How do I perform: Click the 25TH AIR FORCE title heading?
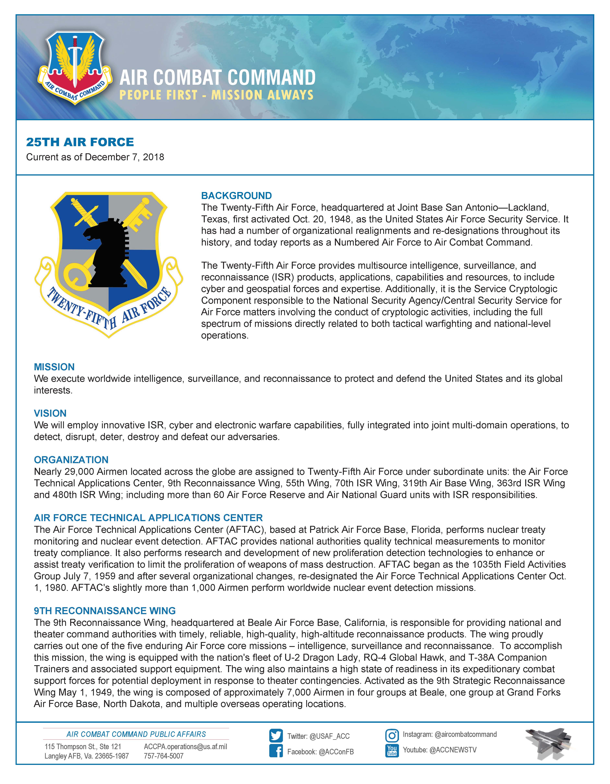80,142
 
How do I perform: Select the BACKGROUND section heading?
236,196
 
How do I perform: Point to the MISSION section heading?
54,367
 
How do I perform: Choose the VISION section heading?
50,413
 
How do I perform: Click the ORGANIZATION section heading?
71,460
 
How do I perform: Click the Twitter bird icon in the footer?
276,736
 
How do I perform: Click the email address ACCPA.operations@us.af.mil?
185,746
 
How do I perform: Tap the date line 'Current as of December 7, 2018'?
95,157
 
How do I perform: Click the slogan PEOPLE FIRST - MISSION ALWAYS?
216,95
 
